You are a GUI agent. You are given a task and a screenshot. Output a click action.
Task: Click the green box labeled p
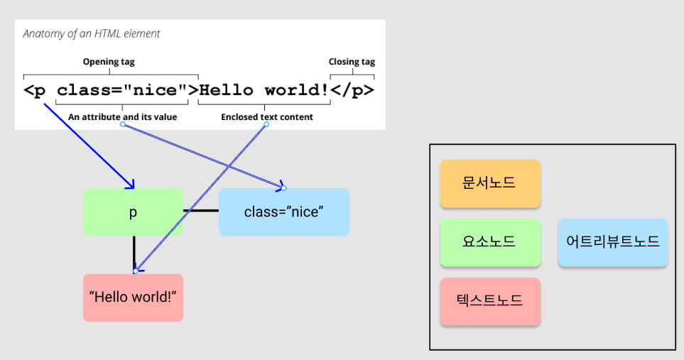point(133,212)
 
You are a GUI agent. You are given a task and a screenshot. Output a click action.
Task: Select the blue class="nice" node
point(283,212)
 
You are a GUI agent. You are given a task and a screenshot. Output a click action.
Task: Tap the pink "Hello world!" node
point(133,297)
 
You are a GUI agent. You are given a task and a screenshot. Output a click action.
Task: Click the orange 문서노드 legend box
point(490,183)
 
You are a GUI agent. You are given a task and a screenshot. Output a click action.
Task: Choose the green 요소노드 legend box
point(490,242)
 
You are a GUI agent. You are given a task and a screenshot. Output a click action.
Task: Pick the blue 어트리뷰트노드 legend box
point(612,242)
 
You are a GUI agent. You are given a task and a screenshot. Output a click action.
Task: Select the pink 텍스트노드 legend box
point(490,301)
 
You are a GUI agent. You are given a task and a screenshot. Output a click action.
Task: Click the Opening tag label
point(109,62)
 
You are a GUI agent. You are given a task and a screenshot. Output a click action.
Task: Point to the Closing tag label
point(352,62)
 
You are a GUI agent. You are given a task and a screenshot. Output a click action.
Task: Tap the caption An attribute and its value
point(123,116)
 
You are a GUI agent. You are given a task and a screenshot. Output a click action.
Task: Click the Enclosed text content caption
point(266,116)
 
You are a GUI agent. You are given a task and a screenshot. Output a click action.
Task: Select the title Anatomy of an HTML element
point(92,33)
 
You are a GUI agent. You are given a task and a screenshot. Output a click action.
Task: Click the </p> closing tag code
point(352,90)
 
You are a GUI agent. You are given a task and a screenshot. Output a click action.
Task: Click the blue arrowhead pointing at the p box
point(131,185)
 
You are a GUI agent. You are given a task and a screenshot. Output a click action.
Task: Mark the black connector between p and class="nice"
point(201,210)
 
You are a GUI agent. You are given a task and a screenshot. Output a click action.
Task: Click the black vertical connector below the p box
point(134,253)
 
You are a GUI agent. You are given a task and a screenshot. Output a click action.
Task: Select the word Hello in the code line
point(226,90)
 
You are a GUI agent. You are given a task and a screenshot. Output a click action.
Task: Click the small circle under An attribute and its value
point(123,125)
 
